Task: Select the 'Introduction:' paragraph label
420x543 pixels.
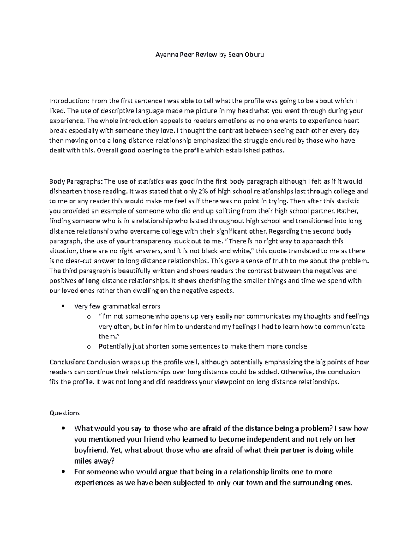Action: click(x=69, y=101)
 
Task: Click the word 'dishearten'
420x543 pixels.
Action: click(x=64, y=191)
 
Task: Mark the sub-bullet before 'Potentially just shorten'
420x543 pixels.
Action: click(x=88, y=347)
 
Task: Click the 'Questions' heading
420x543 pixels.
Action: click(x=65, y=413)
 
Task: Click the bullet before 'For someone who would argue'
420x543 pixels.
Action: click(x=63, y=472)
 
